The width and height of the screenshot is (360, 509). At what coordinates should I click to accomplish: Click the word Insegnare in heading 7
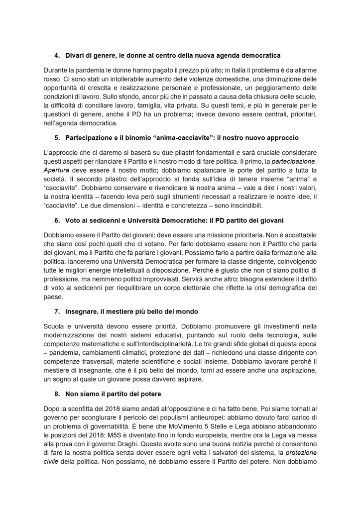click(81, 311)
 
